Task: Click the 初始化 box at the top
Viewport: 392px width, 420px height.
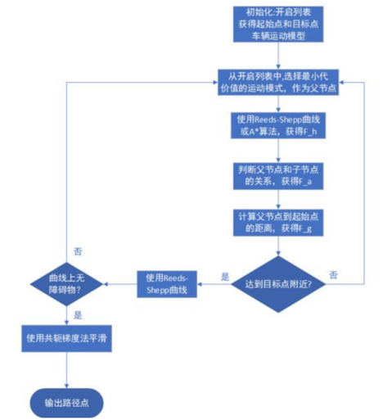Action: (280, 25)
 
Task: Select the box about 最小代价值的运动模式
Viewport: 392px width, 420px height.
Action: (280, 82)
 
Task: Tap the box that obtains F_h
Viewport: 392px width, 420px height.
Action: (280, 127)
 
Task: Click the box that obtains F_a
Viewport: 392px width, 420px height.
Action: (280, 176)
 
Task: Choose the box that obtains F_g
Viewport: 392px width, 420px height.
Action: (280, 224)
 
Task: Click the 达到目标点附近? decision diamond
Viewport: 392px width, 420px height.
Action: (280, 283)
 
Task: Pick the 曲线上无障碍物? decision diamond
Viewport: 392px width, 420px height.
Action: (66, 283)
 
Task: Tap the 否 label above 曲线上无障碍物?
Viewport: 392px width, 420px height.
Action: (77, 251)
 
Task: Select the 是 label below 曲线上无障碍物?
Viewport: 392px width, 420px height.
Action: (77, 314)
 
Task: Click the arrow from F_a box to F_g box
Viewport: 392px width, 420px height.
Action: (280, 200)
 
